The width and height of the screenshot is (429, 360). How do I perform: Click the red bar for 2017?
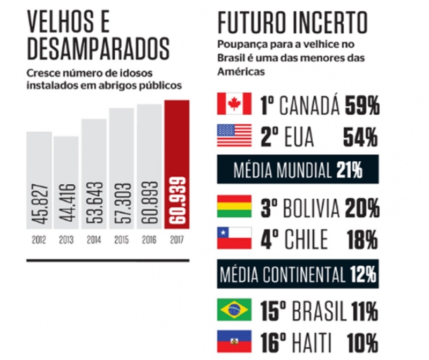[177, 166]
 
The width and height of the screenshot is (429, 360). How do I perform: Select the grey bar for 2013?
[66, 182]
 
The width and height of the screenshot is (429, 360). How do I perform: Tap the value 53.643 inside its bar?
[94, 206]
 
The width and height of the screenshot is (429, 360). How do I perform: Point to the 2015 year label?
[121, 239]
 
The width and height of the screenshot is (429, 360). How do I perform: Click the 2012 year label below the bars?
[39, 239]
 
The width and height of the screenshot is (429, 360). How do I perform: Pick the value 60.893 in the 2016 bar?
[149, 206]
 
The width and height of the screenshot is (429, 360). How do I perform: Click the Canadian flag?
[234, 103]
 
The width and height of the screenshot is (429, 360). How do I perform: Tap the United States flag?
[234, 134]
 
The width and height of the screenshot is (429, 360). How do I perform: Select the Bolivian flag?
[234, 206]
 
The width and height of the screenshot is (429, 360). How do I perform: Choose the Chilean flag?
[234, 237]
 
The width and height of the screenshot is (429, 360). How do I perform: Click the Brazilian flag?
[234, 310]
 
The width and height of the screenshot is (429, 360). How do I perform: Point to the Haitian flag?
[234, 340]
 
